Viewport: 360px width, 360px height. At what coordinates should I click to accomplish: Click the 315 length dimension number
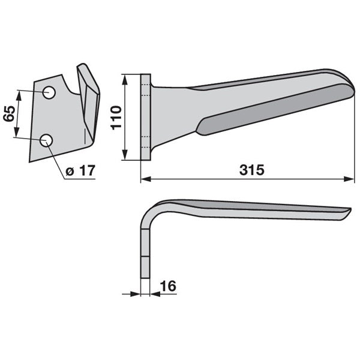(251, 170)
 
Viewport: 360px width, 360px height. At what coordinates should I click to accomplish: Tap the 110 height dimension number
(116, 118)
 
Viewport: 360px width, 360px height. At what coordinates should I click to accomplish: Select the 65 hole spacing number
(9, 113)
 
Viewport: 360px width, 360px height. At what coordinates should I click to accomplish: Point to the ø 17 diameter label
(80, 170)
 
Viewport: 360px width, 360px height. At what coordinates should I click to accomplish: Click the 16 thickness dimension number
(168, 286)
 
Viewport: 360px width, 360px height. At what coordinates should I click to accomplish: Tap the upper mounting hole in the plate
(49, 92)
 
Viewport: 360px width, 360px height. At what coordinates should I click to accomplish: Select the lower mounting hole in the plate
(46, 140)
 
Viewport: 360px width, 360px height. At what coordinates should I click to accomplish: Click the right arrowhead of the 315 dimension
(349, 179)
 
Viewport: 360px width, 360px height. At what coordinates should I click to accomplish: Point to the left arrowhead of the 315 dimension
(146, 179)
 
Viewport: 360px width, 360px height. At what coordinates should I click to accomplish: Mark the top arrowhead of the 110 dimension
(125, 80)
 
